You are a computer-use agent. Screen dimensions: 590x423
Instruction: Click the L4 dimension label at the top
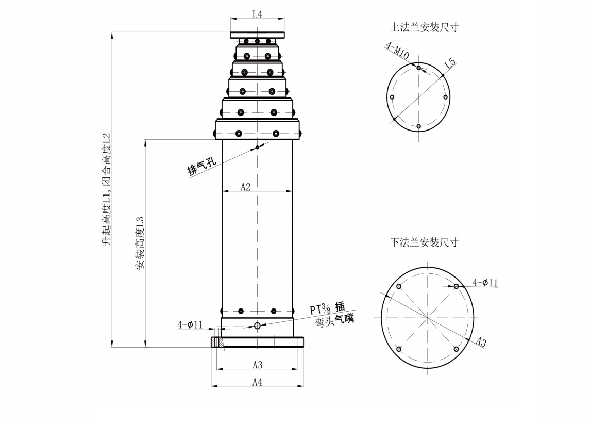point(257,14)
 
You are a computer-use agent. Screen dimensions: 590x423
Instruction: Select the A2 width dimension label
point(245,187)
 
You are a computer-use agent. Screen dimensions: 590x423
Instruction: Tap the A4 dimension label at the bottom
point(257,382)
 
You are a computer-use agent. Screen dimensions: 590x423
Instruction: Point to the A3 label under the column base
point(257,365)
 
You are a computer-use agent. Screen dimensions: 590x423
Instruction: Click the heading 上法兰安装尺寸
point(425,27)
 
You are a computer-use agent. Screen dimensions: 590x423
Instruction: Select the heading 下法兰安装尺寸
point(425,242)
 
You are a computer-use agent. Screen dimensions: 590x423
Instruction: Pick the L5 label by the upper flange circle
point(450,63)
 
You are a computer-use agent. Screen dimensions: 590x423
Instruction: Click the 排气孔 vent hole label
point(202,166)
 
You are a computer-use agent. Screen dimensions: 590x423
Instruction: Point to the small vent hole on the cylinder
point(257,148)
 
